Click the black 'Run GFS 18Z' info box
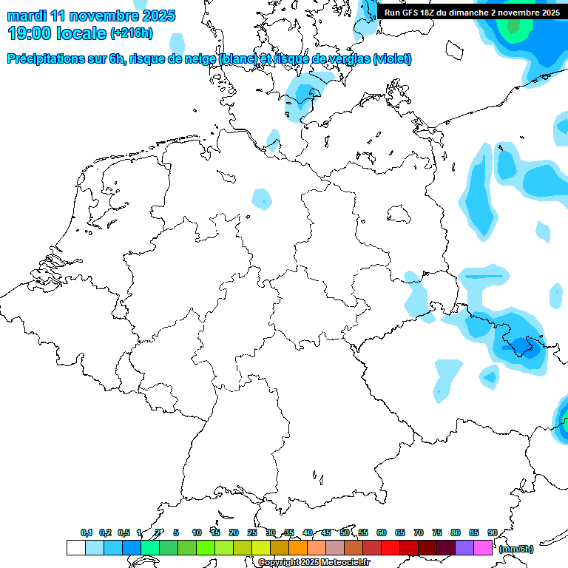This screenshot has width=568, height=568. pyautogui.click(x=472, y=12)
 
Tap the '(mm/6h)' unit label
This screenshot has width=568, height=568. pyautogui.click(x=515, y=549)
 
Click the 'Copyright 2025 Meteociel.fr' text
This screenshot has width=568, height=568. pyautogui.click(x=314, y=563)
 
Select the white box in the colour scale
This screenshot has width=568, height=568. pyautogui.click(x=75, y=548)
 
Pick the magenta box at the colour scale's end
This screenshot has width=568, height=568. pyautogui.click(x=483, y=548)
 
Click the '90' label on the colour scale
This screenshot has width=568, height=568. pyautogui.click(x=492, y=532)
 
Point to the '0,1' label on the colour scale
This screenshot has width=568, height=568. pyautogui.click(x=86, y=532)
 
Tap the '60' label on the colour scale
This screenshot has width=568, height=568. pyautogui.click(x=382, y=532)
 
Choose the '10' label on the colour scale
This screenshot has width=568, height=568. pyautogui.click(x=197, y=532)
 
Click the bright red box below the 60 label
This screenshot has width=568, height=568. pyautogui.click(x=390, y=548)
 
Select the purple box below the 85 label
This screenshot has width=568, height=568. pyautogui.click(x=464, y=548)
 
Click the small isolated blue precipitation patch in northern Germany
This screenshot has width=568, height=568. pyautogui.click(x=261, y=198)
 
